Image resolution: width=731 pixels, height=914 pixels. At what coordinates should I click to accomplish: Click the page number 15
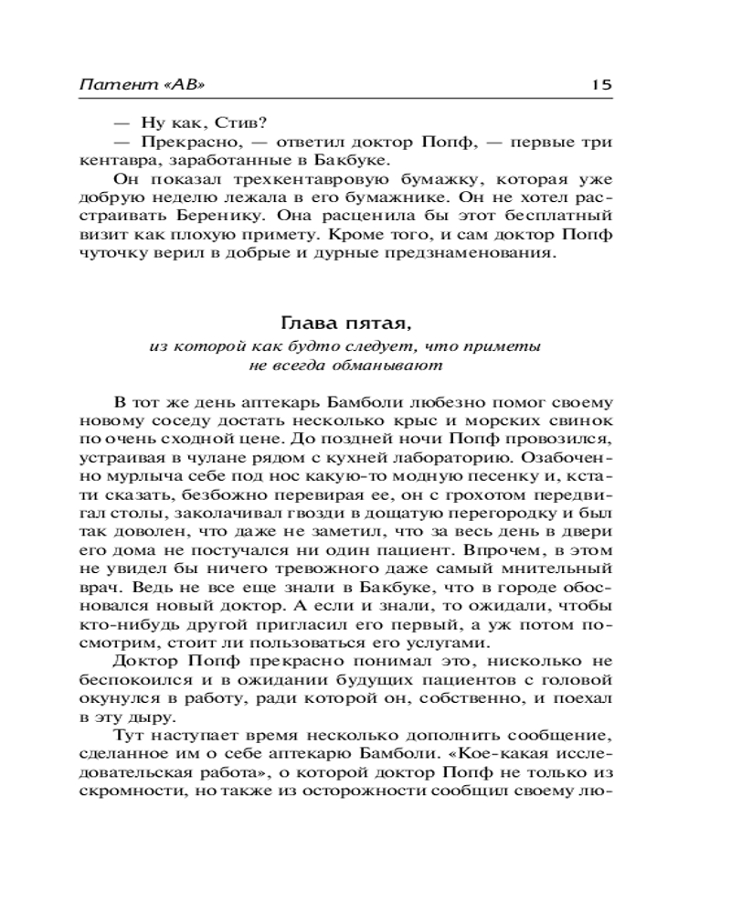[600, 84]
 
